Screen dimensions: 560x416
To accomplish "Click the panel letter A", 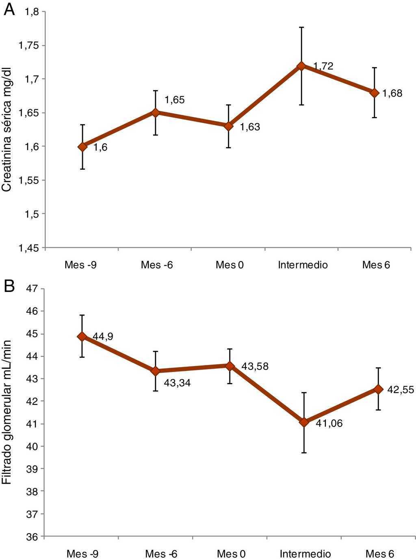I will (x=9, y=9).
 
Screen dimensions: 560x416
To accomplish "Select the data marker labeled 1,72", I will (x=301, y=66).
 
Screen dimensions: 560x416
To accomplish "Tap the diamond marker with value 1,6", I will (x=82, y=147).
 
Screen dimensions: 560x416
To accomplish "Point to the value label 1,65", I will (x=174, y=100).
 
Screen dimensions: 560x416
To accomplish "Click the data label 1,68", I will (x=392, y=93).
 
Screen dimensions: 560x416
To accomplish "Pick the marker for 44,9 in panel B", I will (x=82, y=336).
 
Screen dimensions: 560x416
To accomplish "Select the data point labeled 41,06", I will (x=304, y=422).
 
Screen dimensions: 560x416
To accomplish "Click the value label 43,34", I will (x=177, y=383).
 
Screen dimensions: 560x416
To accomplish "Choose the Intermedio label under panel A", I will (x=303, y=265).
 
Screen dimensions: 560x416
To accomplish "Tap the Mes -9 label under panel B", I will (x=82, y=554).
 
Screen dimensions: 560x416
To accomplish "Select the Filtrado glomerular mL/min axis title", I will (x=7, y=412).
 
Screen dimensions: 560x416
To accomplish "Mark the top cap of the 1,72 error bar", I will (x=301, y=27).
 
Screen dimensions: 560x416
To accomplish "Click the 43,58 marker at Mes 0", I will (x=230, y=366).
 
